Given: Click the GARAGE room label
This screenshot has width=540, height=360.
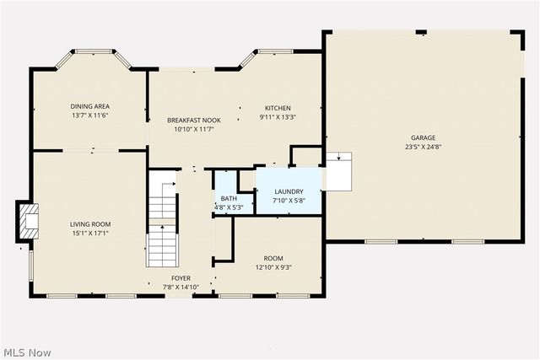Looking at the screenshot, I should [423, 137].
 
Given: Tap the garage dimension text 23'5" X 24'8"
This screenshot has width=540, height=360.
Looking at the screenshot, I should [423, 147].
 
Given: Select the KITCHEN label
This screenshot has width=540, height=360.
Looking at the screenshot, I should [278, 108].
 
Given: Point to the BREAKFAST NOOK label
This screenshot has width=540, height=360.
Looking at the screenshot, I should [194, 120].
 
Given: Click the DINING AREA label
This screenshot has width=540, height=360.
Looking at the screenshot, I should [90, 106].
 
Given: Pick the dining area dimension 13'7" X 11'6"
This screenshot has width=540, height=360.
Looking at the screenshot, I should [90, 116].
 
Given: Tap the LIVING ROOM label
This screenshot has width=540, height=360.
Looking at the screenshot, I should [90, 223].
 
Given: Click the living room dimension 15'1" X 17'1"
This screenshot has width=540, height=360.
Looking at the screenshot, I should [90, 234].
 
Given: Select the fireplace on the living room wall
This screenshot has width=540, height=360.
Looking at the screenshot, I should [30, 220].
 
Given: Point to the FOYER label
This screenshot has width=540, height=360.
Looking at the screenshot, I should [181, 277].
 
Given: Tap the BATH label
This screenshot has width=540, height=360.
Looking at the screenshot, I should [229, 198].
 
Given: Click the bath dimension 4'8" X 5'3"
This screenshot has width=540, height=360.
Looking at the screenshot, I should [229, 207].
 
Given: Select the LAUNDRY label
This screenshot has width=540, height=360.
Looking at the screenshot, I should [289, 191].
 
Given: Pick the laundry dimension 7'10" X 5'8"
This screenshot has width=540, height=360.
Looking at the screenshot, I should [289, 201].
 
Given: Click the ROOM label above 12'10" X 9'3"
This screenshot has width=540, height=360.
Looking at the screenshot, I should [273, 258].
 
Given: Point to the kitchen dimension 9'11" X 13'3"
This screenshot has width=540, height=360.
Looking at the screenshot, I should [278, 118].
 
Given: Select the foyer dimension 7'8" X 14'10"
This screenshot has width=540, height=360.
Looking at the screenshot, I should [181, 287].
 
